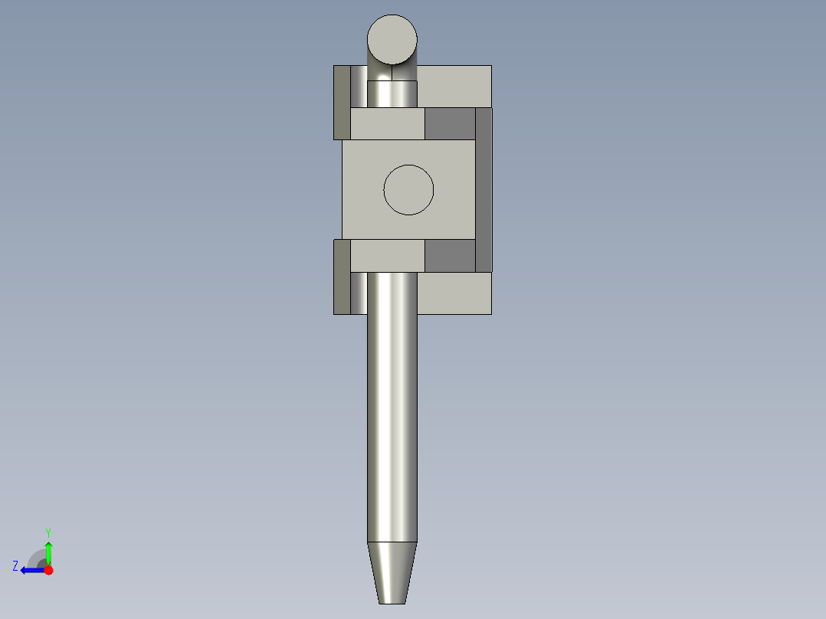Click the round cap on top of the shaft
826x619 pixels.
pos(392,39)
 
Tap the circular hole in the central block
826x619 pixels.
pos(408,189)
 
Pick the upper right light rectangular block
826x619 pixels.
pos(454,86)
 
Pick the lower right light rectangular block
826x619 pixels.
pos(454,293)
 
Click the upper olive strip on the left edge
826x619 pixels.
pos(342,103)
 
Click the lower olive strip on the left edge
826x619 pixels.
pos(342,277)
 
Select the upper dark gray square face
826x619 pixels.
pos(450,124)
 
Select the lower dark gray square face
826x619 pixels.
pos(450,256)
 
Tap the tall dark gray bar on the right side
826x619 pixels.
pos(483,189)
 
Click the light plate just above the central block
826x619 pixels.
pos(387,124)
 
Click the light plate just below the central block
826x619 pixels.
pos(387,256)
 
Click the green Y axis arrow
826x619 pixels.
pos(48,552)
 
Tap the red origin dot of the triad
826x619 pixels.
pos(48,570)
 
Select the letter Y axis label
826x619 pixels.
pos(48,532)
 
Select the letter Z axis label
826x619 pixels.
pos(15,566)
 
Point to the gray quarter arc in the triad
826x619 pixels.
pos(37,557)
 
